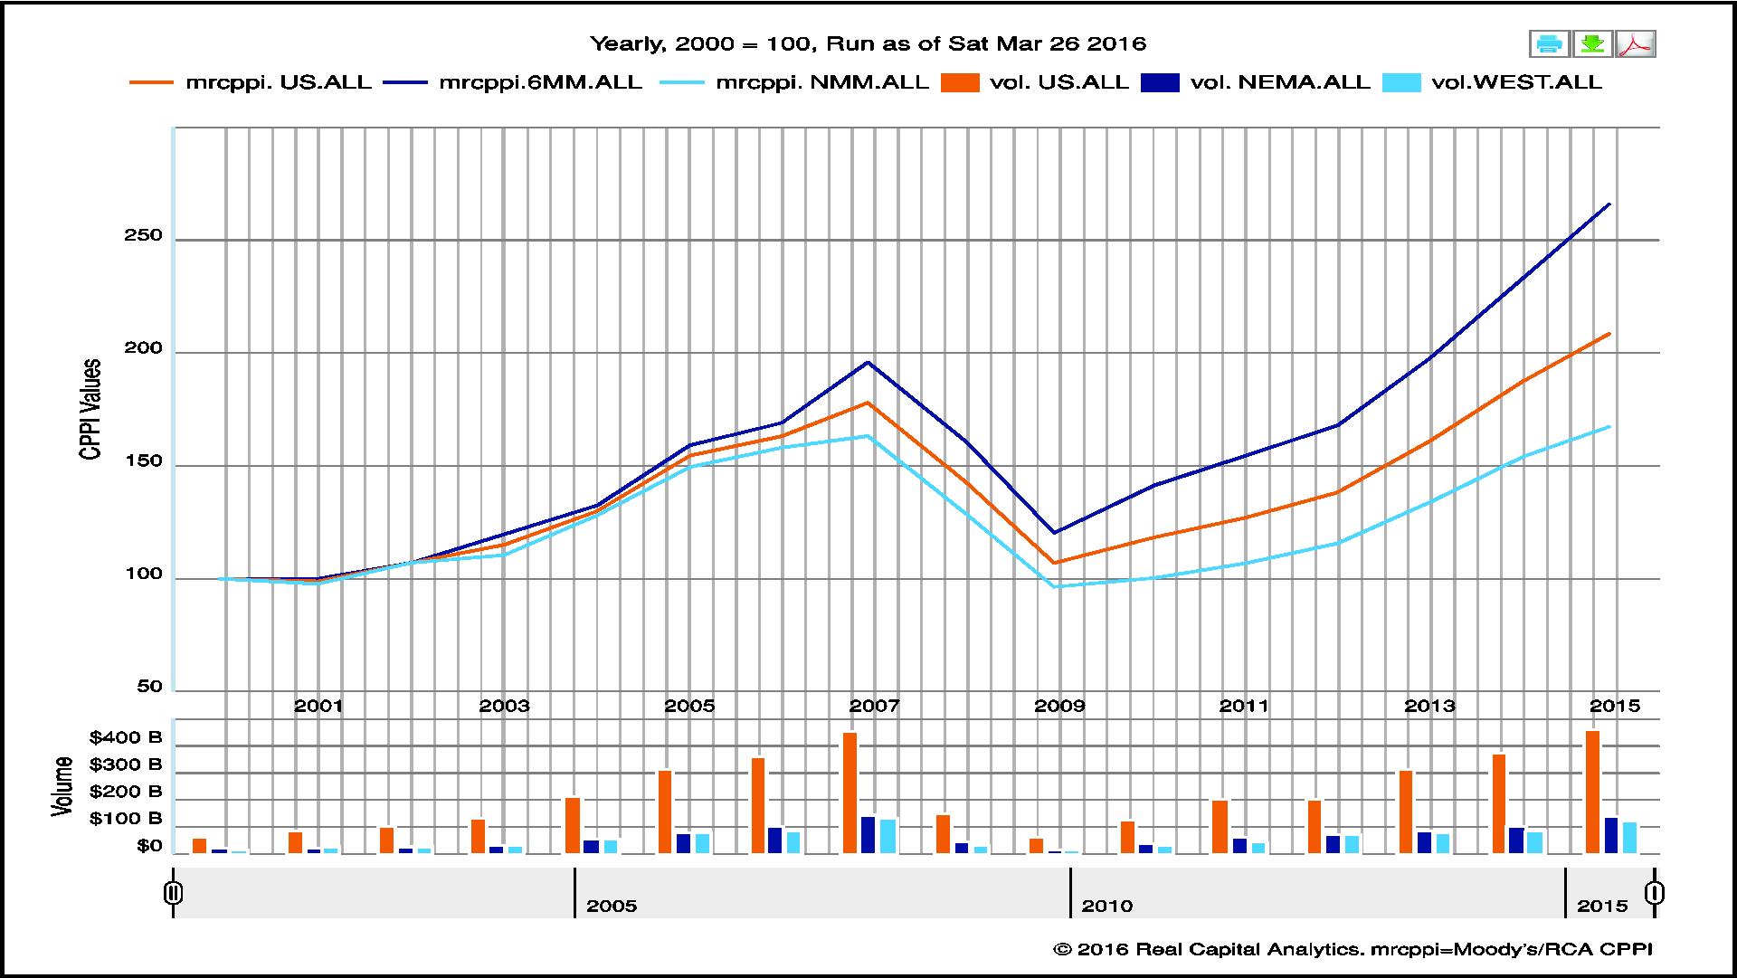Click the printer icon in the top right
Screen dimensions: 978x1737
pos(1549,43)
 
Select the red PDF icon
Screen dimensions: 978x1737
pos(1637,43)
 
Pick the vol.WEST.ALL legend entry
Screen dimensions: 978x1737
pos(1516,82)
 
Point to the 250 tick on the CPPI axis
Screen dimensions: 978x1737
pos(144,236)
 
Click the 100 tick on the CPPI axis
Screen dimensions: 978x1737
pos(144,574)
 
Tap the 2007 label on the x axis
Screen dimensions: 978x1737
pos(874,706)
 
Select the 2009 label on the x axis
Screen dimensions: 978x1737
pos(1059,706)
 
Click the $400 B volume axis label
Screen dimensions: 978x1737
pos(126,737)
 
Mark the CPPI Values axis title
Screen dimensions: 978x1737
pos(90,409)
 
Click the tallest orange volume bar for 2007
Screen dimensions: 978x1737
pos(850,793)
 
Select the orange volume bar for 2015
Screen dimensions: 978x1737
pos(1592,792)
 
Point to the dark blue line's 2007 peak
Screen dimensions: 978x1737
pos(868,363)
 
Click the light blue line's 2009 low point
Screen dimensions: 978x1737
pos(1055,586)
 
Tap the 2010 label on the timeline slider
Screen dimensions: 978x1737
pos(1106,906)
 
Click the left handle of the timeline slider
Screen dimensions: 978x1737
pos(174,894)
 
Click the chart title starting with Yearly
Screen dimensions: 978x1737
pos(868,43)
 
